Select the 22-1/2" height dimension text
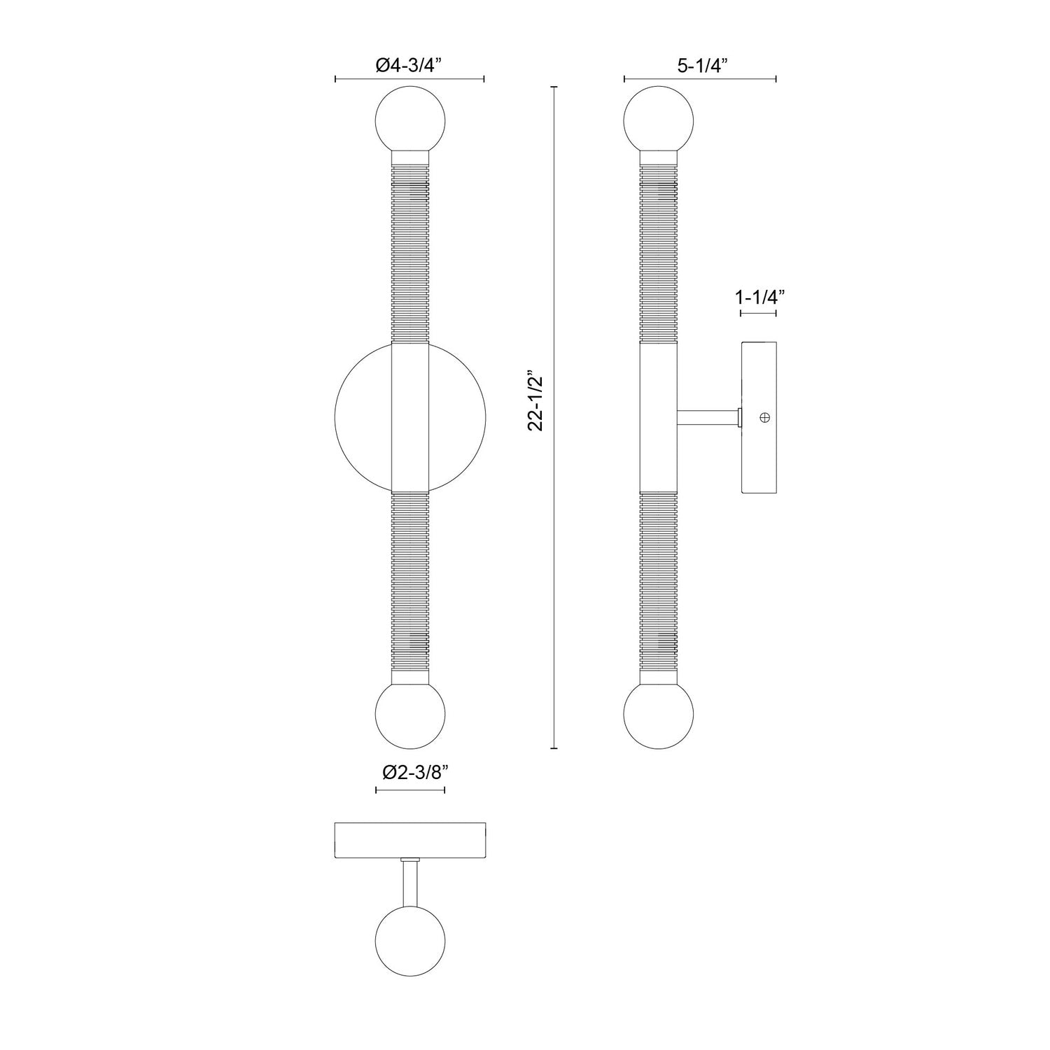tap(538, 419)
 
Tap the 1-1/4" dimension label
tap(758, 297)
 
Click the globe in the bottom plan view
tap(410, 940)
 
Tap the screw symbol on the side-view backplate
tap(764, 418)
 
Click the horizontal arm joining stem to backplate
tap(707, 418)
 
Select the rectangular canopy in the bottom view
tap(410, 841)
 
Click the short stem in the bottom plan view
tap(410, 883)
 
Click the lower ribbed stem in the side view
tap(659, 581)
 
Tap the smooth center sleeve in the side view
tap(659, 418)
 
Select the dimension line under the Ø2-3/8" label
tap(410, 790)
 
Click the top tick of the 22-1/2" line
tap(554, 87)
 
